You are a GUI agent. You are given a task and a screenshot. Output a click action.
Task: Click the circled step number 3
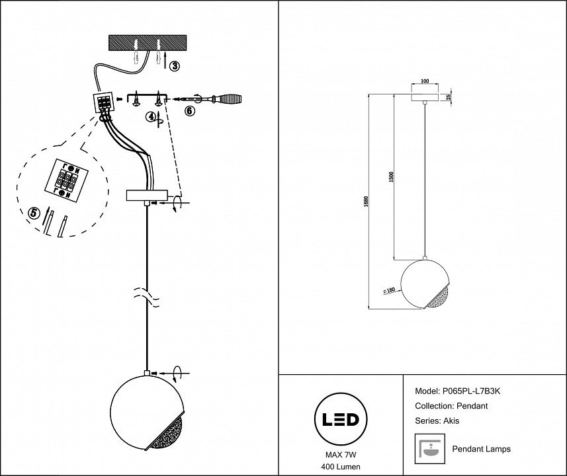pos(174,65)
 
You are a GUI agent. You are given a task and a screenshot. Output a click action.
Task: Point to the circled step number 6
pos(189,111)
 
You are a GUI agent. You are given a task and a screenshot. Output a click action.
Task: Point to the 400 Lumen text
pos(340,467)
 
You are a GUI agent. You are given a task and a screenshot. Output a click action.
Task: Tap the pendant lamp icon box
pos(427,449)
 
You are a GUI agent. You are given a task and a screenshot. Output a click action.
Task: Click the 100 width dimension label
pos(425,81)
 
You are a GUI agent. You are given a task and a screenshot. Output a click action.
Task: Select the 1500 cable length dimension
pos(392,177)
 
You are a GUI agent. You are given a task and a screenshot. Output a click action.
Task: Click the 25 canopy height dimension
pos(448,98)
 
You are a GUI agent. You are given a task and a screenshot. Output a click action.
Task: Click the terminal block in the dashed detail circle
pos(66,180)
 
